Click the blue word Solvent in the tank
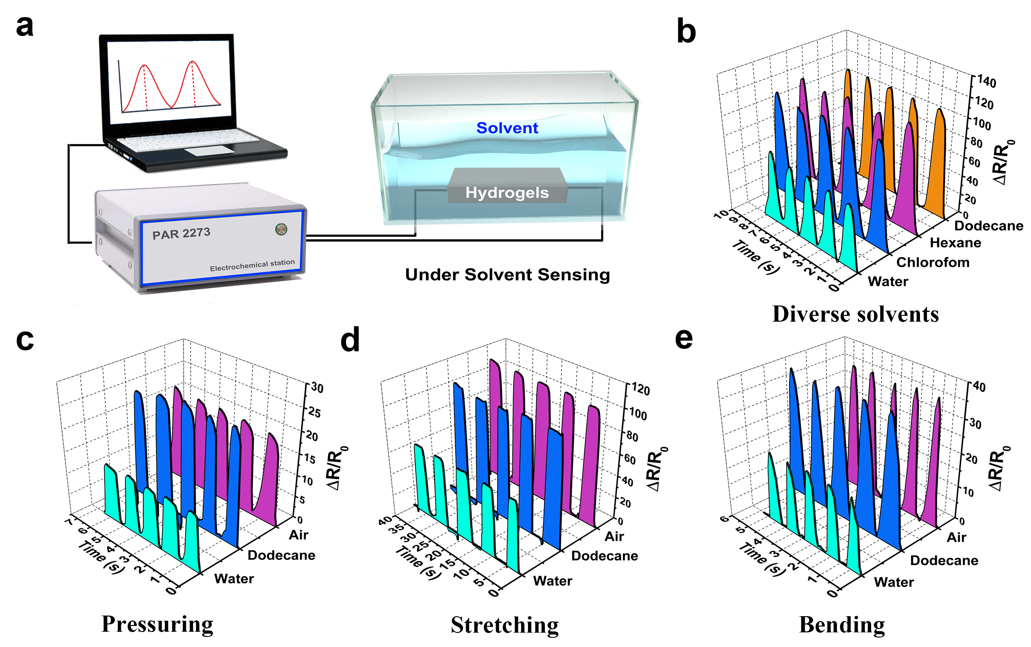pyautogui.click(x=507, y=128)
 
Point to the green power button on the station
pyautogui.click(x=281, y=230)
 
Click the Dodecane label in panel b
pyautogui.click(x=989, y=226)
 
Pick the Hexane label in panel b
pyautogui.click(x=955, y=243)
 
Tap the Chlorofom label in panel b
pyautogui.click(x=933, y=262)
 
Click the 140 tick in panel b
pyautogui.click(x=986, y=82)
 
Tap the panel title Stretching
pyautogui.click(x=505, y=625)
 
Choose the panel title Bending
pyautogui.click(x=842, y=625)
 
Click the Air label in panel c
pyautogui.click(x=298, y=535)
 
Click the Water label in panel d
pyautogui.click(x=552, y=581)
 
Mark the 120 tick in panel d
pyautogui.click(x=640, y=390)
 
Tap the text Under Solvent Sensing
pyautogui.click(x=507, y=275)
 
